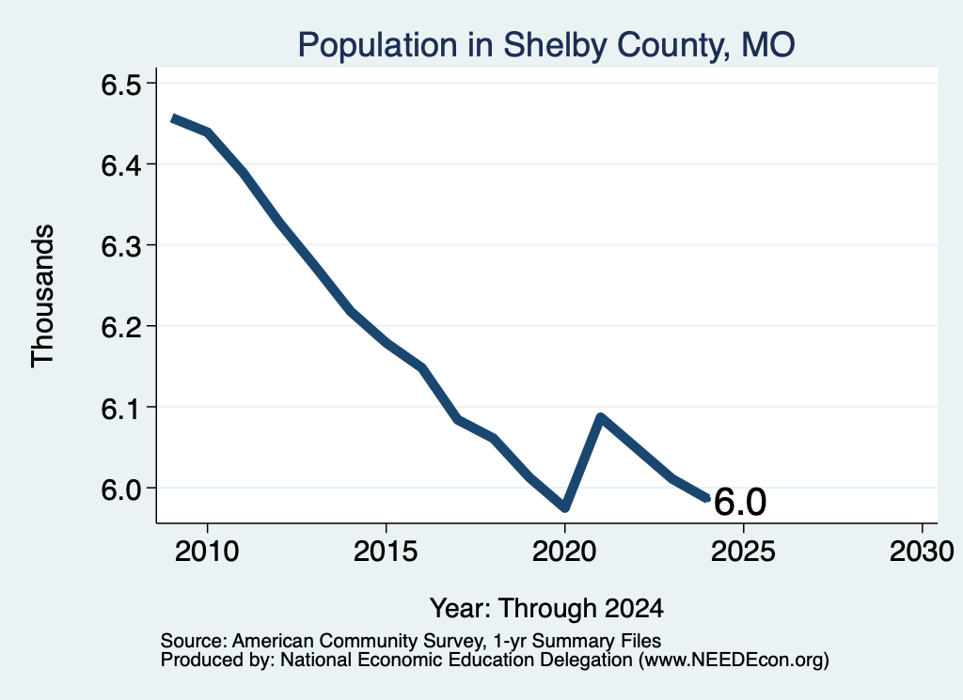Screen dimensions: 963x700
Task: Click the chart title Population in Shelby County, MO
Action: tap(546, 45)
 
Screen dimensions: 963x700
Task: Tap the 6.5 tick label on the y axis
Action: tap(121, 85)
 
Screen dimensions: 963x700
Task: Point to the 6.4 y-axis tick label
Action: tap(121, 165)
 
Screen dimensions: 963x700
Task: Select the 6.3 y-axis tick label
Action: tap(121, 246)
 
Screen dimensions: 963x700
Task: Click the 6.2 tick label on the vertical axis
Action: tap(121, 327)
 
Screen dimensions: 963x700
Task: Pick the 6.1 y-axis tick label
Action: tap(121, 408)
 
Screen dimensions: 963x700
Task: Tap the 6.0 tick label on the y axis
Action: tap(121, 489)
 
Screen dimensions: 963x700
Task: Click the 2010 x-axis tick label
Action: tap(207, 551)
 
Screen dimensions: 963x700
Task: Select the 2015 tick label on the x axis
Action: tap(386, 551)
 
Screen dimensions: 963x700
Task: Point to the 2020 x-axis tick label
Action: tap(564, 551)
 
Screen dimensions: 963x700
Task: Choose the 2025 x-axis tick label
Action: tap(743, 551)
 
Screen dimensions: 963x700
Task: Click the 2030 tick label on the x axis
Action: tap(922, 551)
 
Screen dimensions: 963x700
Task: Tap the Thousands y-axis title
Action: tap(43, 296)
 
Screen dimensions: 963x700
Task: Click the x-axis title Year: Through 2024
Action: tap(546, 608)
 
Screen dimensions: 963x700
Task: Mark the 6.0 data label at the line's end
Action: tap(740, 502)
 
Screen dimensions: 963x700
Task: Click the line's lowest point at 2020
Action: tap(565, 507)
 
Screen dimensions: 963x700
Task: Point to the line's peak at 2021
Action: tap(601, 418)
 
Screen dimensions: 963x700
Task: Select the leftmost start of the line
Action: tap(174, 119)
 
